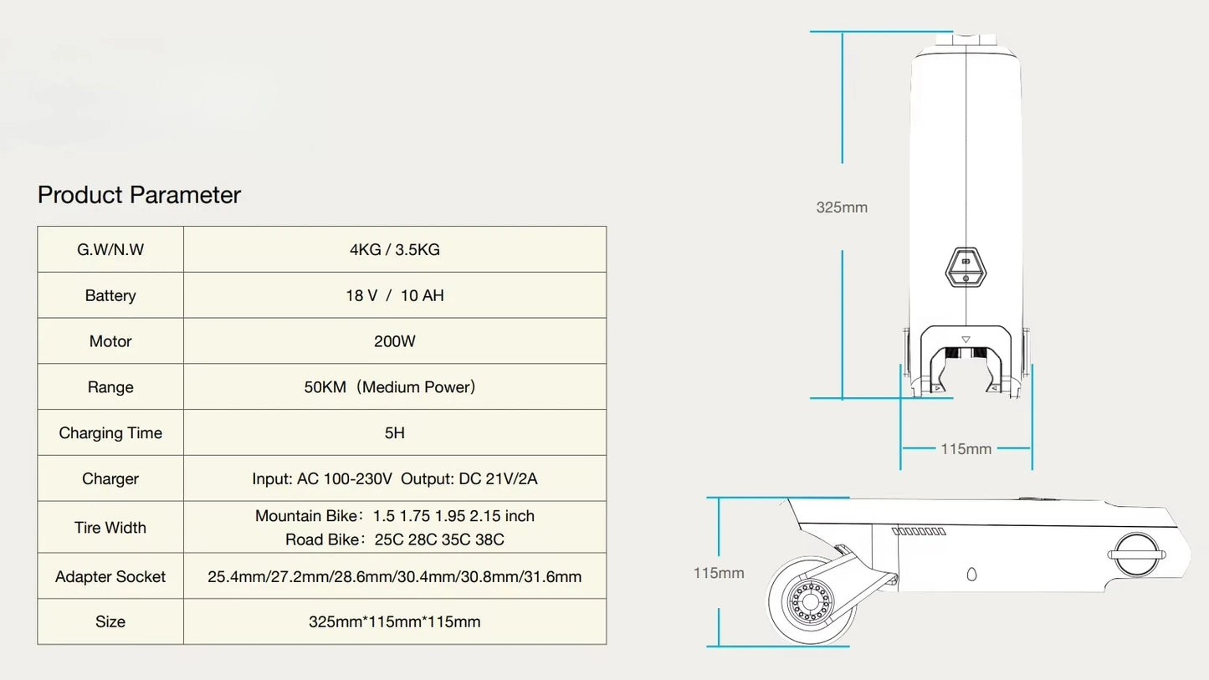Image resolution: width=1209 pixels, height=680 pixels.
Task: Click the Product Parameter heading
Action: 139,195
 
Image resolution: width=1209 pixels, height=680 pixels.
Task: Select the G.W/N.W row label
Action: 110,249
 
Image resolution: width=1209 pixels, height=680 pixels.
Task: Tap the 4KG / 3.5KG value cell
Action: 395,249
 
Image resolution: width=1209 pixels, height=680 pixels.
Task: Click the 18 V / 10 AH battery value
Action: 395,295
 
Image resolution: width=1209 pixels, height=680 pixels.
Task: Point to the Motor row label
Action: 110,341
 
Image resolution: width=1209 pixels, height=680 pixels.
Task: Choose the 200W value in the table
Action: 395,341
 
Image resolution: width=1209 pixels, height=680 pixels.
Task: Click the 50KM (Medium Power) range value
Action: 390,387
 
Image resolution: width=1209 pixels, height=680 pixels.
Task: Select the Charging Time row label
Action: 110,432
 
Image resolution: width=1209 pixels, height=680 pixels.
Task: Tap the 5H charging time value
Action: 395,432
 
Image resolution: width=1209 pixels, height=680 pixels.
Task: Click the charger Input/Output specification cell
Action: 395,478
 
